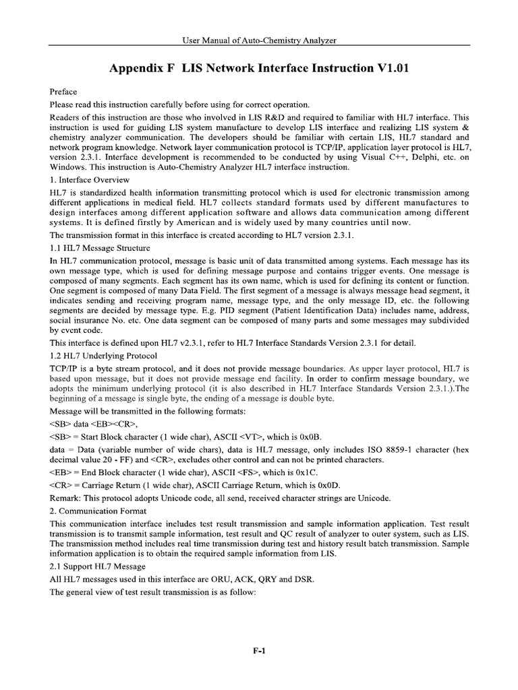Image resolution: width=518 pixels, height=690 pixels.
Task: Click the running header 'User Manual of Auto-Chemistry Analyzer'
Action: point(260,40)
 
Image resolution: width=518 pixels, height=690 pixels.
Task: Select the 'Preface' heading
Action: point(63,92)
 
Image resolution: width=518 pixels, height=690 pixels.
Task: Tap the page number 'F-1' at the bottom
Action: point(260,650)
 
